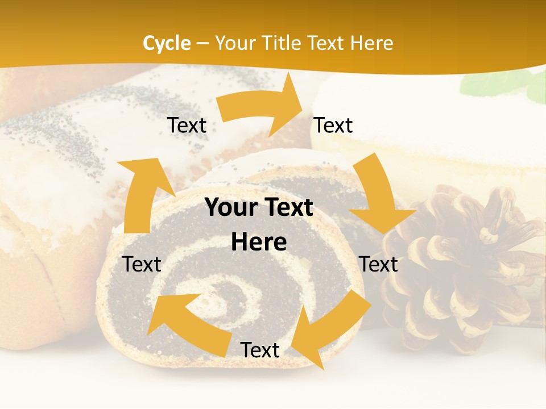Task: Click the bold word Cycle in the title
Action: coord(167,43)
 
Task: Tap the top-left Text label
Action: coord(187,126)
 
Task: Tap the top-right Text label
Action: coord(333,126)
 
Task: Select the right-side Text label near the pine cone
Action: coord(379,264)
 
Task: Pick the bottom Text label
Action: coord(260,350)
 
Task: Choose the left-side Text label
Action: coord(142,264)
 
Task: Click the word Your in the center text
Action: coord(229,208)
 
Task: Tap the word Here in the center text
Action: coord(259,242)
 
